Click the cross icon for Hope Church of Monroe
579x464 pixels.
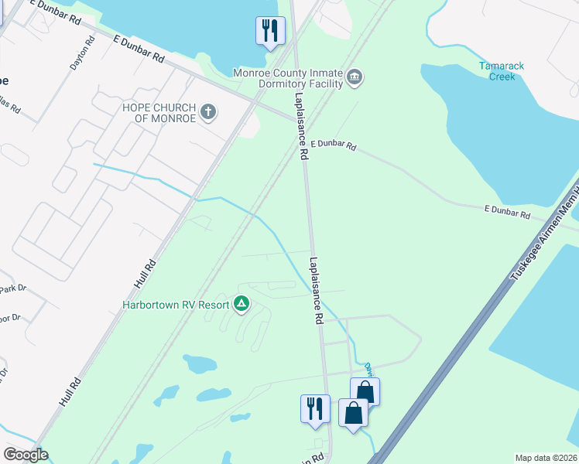coord(207,112)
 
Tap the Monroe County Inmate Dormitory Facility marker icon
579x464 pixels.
coord(355,77)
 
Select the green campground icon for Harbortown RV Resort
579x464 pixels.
coord(242,304)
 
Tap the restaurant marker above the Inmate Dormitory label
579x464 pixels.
coord(270,31)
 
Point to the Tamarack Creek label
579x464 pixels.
coord(501,71)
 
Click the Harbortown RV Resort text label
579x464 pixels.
coord(176,305)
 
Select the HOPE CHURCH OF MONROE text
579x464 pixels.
coord(159,112)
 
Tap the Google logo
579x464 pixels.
coord(25,455)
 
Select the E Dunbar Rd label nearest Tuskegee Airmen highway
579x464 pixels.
coord(507,211)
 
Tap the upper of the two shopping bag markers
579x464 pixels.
coord(365,391)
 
